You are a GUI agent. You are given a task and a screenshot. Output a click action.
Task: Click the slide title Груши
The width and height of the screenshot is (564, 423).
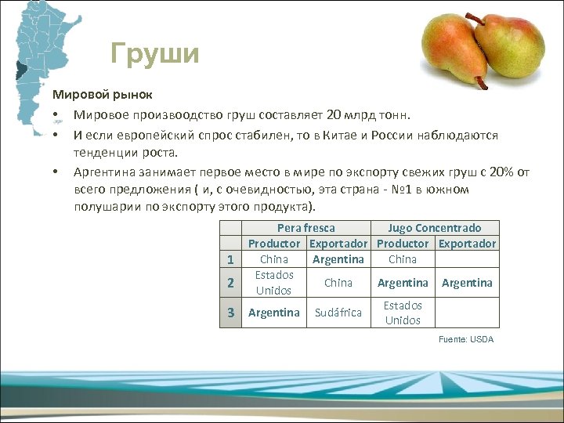click(x=155, y=54)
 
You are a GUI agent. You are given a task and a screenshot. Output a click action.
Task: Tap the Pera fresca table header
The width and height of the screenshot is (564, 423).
click(x=306, y=228)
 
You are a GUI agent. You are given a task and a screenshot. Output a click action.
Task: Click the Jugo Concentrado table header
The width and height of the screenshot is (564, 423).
click(x=435, y=228)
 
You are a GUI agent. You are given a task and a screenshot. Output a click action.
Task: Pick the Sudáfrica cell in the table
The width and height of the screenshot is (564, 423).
click(x=338, y=313)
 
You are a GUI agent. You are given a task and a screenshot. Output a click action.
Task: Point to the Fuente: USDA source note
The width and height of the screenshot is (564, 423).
click(x=466, y=339)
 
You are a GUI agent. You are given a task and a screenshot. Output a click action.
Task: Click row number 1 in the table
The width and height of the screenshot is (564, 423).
click(x=230, y=259)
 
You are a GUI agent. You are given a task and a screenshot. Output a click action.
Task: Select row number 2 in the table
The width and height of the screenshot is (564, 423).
click(x=230, y=283)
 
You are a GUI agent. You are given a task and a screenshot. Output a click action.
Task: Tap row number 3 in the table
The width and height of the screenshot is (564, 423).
click(x=230, y=313)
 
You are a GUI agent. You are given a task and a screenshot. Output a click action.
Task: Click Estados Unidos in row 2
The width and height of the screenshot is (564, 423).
click(x=274, y=283)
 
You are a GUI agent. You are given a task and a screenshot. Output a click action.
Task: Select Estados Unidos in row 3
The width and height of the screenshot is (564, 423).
click(x=403, y=313)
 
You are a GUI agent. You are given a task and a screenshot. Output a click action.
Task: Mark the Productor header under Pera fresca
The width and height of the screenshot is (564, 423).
click(x=274, y=244)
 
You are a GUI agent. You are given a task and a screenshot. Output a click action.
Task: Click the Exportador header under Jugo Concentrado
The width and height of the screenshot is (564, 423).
click(x=467, y=244)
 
